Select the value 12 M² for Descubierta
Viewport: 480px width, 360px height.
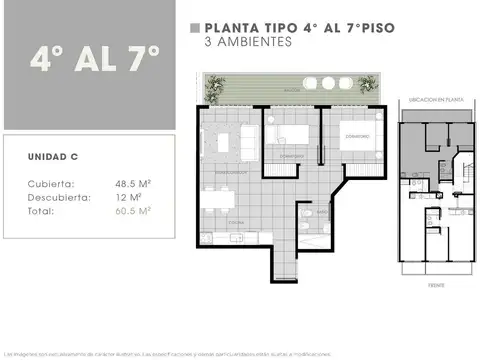point(128,197)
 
